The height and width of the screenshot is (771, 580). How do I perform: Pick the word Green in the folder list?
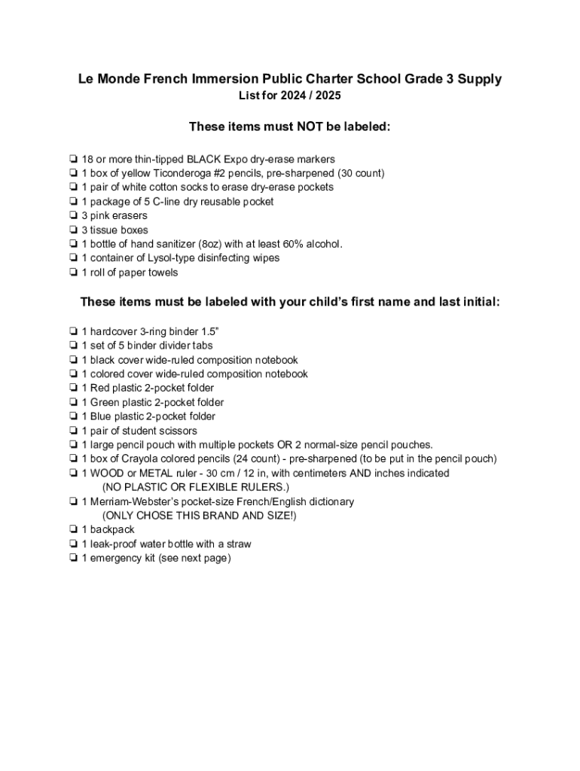(x=106, y=403)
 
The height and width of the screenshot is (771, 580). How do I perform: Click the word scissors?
(x=178, y=431)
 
